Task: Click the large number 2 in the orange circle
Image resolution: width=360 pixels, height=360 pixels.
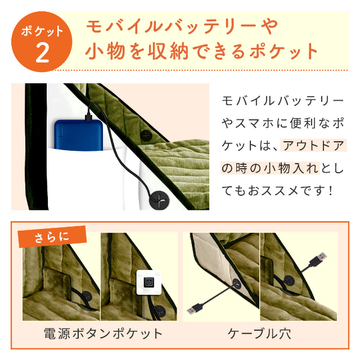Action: pos(43,53)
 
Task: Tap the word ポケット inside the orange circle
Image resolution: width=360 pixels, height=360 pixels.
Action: pos(42,31)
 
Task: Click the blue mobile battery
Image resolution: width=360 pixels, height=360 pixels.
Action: pos(79,135)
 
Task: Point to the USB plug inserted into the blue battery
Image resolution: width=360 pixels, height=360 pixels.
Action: pos(89,116)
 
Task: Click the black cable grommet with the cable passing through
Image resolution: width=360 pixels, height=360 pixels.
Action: pos(159,199)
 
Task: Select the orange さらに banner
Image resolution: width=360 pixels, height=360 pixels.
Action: pos(52,237)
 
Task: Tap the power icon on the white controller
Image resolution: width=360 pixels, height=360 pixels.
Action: pos(149,282)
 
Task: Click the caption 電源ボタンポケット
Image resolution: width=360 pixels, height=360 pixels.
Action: pos(103,334)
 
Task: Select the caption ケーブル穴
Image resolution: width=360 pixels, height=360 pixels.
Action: pos(259,334)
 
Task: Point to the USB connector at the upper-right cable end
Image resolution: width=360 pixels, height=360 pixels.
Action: pos(318,259)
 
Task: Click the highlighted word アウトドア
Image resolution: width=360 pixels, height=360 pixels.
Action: pos(313,146)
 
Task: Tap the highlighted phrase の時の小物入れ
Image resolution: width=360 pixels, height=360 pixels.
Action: pos(270,168)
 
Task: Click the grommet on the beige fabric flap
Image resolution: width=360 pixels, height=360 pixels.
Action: pos(236,284)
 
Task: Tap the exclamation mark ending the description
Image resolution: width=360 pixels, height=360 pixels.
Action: pos(331,191)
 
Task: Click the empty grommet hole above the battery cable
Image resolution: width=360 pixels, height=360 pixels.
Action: pos(146,136)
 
